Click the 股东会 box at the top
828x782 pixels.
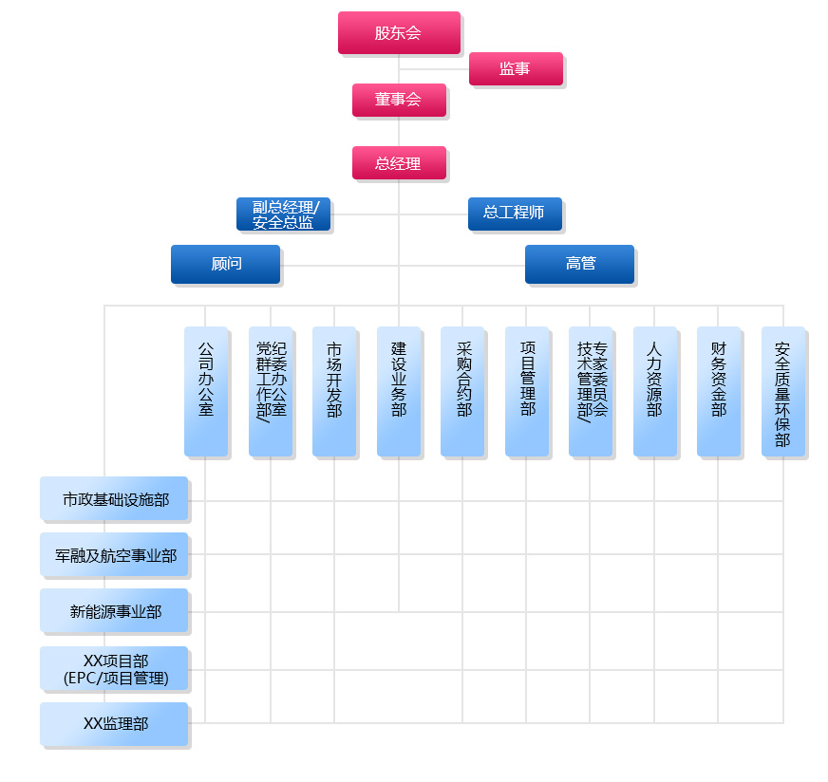point(399,32)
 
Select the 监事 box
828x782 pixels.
point(516,68)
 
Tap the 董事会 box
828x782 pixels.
point(399,100)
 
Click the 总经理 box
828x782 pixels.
point(399,162)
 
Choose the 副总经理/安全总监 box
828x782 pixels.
point(283,214)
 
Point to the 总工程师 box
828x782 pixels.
point(515,214)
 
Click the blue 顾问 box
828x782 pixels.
point(225,263)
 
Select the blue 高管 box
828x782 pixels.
point(579,263)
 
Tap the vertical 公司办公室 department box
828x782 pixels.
point(206,391)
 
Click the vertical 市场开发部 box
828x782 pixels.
point(334,391)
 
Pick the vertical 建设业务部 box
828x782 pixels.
point(399,391)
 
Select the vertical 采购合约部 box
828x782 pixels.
point(462,391)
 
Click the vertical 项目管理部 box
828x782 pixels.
point(527,391)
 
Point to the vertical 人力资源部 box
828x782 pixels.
point(655,391)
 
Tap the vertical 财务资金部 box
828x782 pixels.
point(719,391)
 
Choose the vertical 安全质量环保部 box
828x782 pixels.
point(783,391)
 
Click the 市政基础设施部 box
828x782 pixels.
point(114,498)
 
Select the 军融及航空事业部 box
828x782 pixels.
point(114,554)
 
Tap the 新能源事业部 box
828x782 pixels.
point(114,611)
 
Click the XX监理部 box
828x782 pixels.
point(114,723)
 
